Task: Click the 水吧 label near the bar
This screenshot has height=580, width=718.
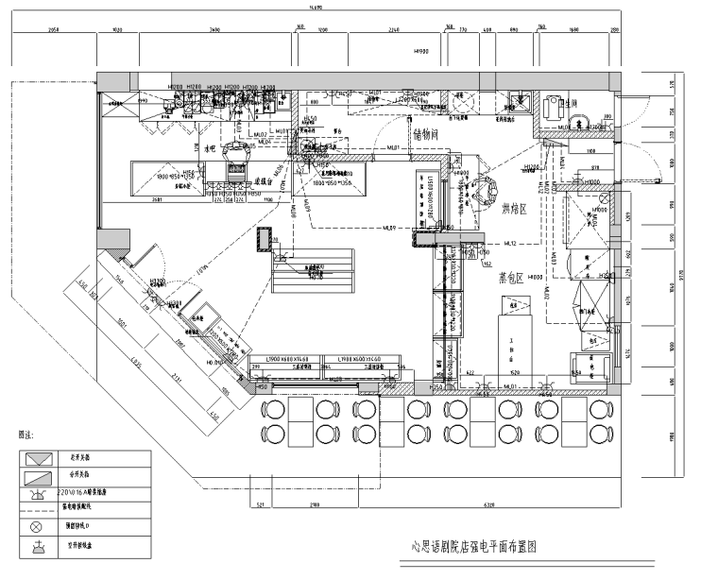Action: pos(211,148)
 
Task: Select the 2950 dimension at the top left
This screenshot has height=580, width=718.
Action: pos(53,31)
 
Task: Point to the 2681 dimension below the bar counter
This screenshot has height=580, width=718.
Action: pos(157,200)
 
